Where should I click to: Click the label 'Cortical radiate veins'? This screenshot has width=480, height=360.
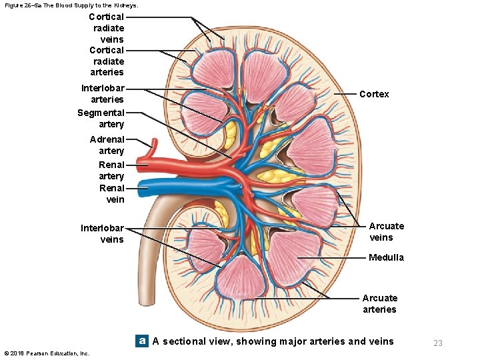pyautogui.click(x=107, y=28)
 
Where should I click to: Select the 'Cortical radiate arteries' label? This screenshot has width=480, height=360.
pyautogui.click(x=107, y=61)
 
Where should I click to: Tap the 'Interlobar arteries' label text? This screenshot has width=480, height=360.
pyautogui.click(x=103, y=94)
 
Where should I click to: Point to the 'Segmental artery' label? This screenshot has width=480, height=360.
pyautogui.click(x=101, y=119)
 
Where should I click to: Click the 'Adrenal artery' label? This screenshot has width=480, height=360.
pyautogui.click(x=107, y=145)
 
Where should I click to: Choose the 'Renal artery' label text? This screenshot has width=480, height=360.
pyautogui.click(x=111, y=170)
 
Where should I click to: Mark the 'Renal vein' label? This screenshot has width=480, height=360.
pyautogui.click(x=111, y=194)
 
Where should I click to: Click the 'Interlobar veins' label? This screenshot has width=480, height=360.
pyautogui.click(x=102, y=234)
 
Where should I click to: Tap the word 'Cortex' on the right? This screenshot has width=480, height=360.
pyautogui.click(x=374, y=94)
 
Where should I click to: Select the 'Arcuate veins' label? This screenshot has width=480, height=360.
pyautogui.click(x=387, y=232)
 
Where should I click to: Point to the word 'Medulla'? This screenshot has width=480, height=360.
pyautogui.click(x=386, y=257)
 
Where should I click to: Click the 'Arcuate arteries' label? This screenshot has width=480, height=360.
pyautogui.click(x=379, y=304)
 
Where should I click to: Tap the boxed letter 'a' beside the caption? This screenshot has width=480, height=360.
pyautogui.click(x=141, y=341)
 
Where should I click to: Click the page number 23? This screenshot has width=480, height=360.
pyautogui.click(x=438, y=343)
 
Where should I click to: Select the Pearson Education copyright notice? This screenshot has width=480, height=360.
pyautogui.click(x=47, y=353)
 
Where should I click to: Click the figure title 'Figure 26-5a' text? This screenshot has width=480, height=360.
pyautogui.click(x=70, y=5)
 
